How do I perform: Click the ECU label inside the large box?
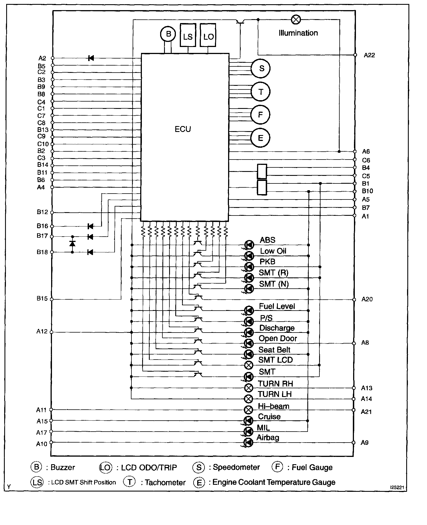point(183,129)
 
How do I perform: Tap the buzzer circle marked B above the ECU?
point(168,34)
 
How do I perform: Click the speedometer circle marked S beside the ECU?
point(261,68)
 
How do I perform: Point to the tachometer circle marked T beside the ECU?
point(261,92)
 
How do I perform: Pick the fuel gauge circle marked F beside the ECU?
point(260,115)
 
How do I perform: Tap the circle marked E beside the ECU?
point(260,138)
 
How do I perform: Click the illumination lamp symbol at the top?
point(296,20)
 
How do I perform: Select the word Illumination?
point(298,33)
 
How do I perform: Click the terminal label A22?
point(369,55)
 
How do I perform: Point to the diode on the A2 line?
point(91,58)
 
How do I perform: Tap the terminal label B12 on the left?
point(42,212)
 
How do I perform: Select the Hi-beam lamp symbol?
point(249,410)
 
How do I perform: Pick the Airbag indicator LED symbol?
point(248,442)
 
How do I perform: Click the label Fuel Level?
point(277,306)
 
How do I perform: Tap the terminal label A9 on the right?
point(364,443)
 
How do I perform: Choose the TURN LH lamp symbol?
point(249,399)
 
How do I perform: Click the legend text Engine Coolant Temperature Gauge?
point(274,482)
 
